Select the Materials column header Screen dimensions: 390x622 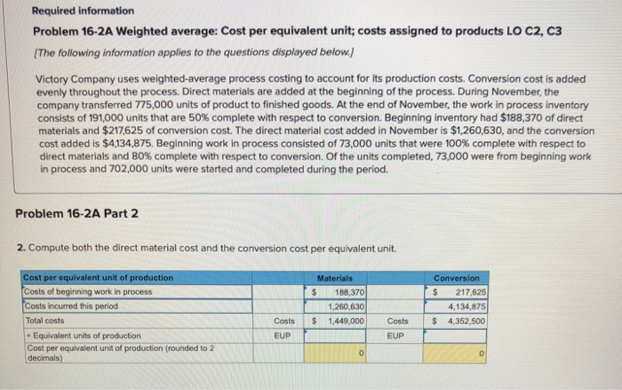pos(342,278)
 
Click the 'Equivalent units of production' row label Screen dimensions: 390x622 pos(84,335)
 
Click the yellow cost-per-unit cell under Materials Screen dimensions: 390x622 pos(342,352)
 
